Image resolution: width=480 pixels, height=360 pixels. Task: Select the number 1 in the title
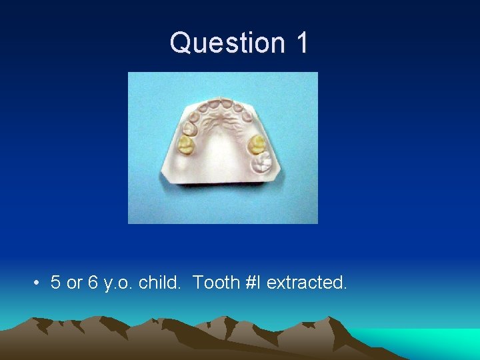(300, 43)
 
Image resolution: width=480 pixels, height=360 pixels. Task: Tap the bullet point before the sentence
(35, 283)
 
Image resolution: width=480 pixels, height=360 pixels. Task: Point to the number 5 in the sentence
(56, 283)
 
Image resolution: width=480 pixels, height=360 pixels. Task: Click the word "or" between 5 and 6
(74, 283)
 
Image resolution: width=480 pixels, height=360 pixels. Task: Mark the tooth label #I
(253, 283)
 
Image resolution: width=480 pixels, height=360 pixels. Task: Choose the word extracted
(306, 283)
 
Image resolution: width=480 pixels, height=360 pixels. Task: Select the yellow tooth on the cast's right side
(257, 144)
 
